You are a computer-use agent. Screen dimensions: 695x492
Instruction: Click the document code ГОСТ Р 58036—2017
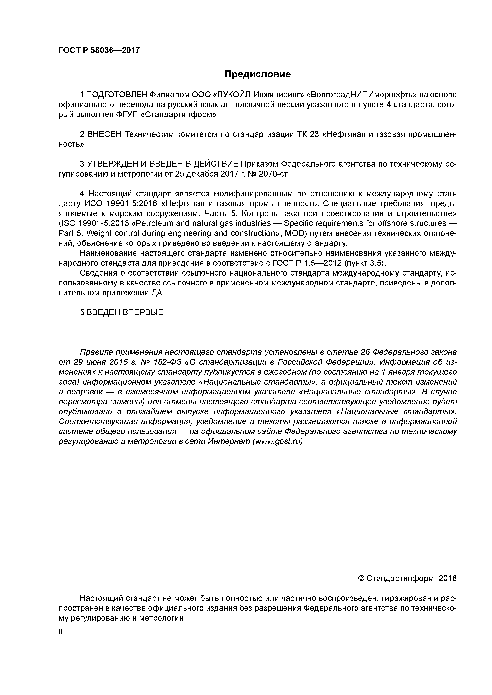[x=99, y=50]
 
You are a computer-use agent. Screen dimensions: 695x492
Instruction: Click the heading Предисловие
[x=257, y=74]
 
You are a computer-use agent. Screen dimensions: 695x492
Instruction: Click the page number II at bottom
[x=60, y=632]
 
